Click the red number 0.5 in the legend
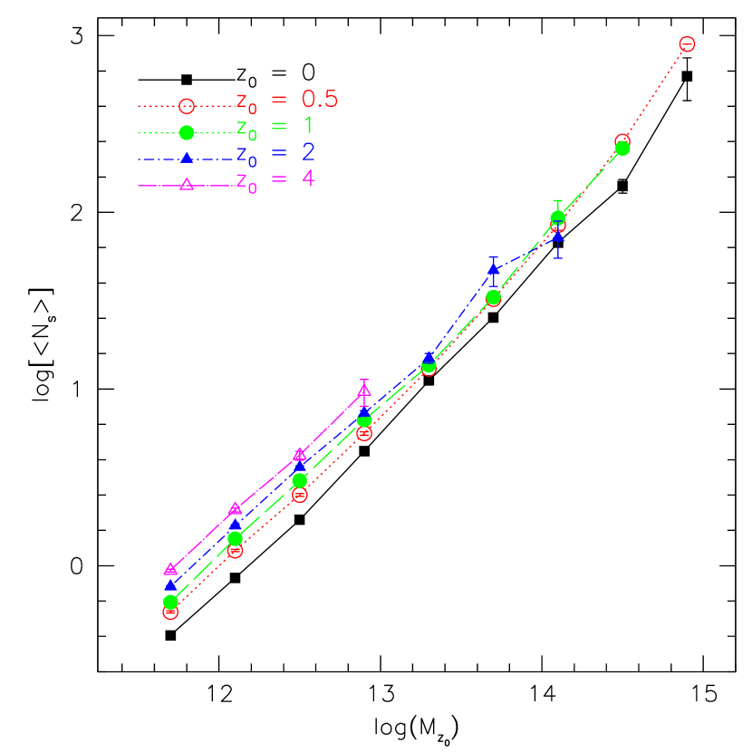pos(320,99)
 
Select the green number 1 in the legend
pos(308,126)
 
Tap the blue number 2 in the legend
pos(308,152)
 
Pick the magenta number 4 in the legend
pos(308,178)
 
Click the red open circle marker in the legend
pos(187,106)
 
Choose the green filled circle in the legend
pos(187,132)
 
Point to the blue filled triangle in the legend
pos(187,158)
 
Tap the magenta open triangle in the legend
pos(187,184)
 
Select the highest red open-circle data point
pos(687,43)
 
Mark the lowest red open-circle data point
pos(170,612)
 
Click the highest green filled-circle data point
pos(622,148)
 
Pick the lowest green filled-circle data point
pos(170,602)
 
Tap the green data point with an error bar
pos(558,217)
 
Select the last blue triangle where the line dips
pos(558,237)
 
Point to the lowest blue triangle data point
pos(170,584)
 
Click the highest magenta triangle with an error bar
pos(364,390)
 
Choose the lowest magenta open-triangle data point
pos(170,569)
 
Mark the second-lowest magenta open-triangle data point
pos(235,508)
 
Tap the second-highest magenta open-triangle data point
pos(300,454)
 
